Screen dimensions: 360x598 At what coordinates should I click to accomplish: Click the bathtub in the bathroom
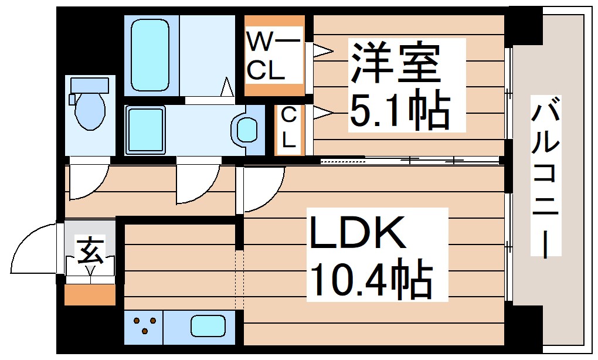[151, 54]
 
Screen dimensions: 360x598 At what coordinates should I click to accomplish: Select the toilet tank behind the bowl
[89, 85]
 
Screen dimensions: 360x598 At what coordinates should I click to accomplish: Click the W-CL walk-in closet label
[273, 57]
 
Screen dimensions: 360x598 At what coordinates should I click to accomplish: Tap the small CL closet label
[288, 128]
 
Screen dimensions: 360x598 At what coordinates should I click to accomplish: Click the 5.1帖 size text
[399, 111]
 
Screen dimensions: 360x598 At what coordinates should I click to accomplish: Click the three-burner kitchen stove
[144, 326]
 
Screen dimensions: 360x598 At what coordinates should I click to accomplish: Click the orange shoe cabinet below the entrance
[89, 294]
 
